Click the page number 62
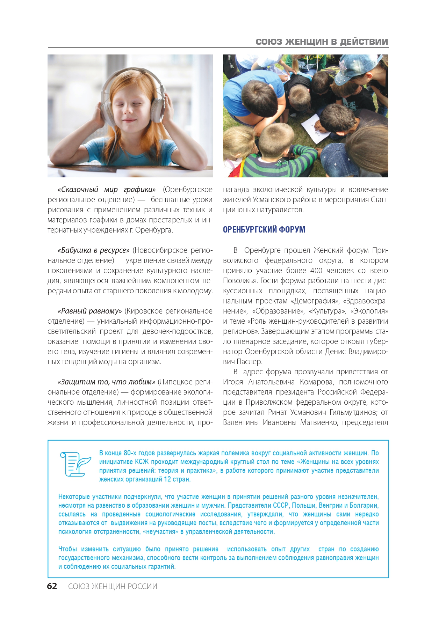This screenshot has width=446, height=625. (52, 586)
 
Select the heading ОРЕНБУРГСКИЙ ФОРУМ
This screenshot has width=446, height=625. (264, 230)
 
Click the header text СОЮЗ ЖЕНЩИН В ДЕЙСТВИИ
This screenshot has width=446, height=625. (322, 42)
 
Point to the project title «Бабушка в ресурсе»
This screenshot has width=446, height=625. (94, 250)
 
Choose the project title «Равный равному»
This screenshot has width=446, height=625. (90, 311)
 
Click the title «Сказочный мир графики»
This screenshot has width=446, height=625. (107, 190)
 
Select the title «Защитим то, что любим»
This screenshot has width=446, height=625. (107, 382)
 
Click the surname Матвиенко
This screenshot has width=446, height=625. (318, 422)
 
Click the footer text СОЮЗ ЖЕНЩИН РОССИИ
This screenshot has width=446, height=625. (113, 586)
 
